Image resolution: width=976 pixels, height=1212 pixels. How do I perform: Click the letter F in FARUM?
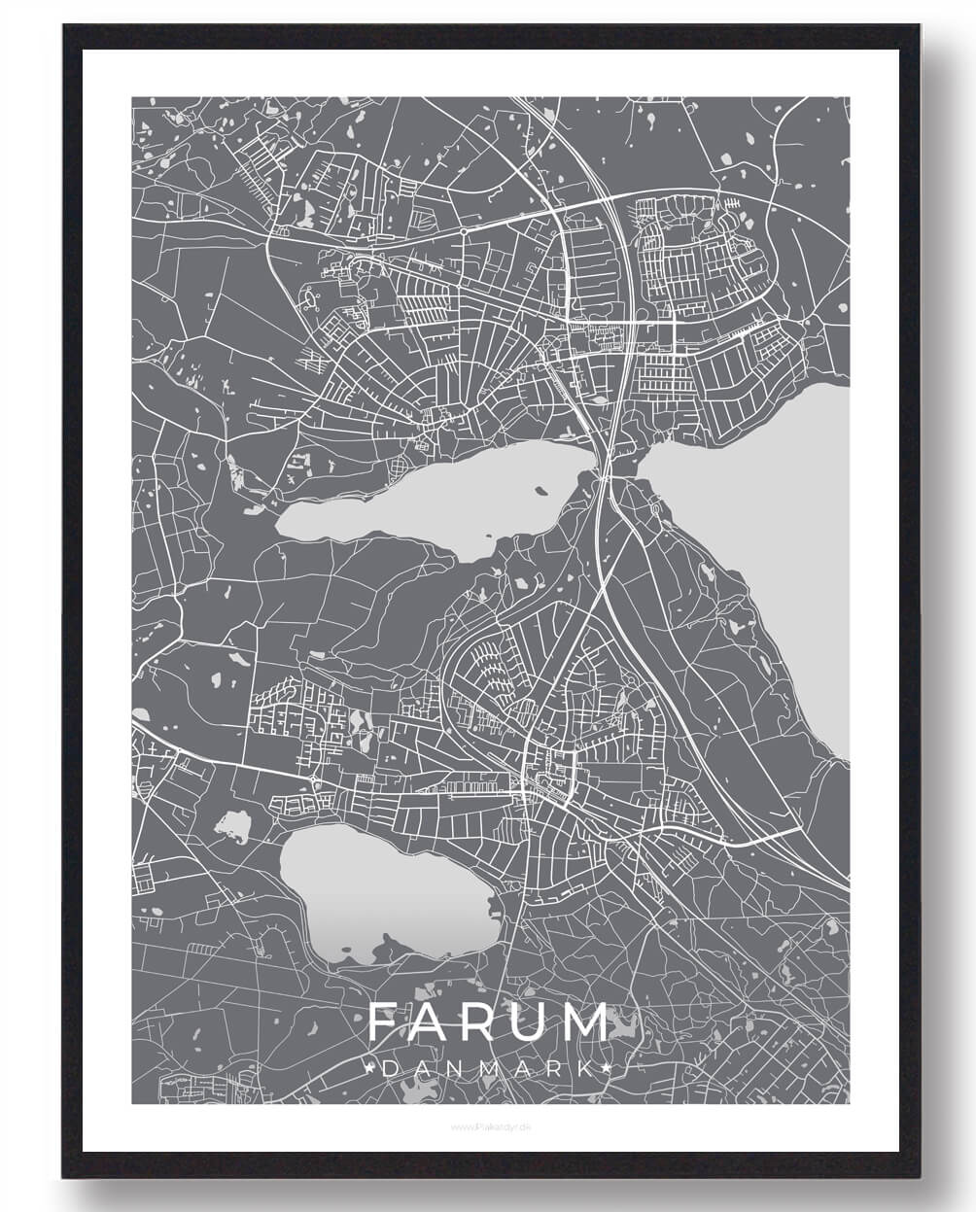point(384,1022)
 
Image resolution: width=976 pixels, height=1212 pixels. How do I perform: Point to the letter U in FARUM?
point(534,1022)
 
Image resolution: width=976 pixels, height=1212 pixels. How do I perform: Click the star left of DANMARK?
point(369,1068)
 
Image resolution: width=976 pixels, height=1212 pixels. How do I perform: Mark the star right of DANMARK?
point(607,1068)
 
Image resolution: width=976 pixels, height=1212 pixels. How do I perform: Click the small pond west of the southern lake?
point(233,827)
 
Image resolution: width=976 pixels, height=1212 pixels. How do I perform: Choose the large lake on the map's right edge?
point(778,525)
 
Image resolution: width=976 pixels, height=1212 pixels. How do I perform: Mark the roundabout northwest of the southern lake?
point(314,783)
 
